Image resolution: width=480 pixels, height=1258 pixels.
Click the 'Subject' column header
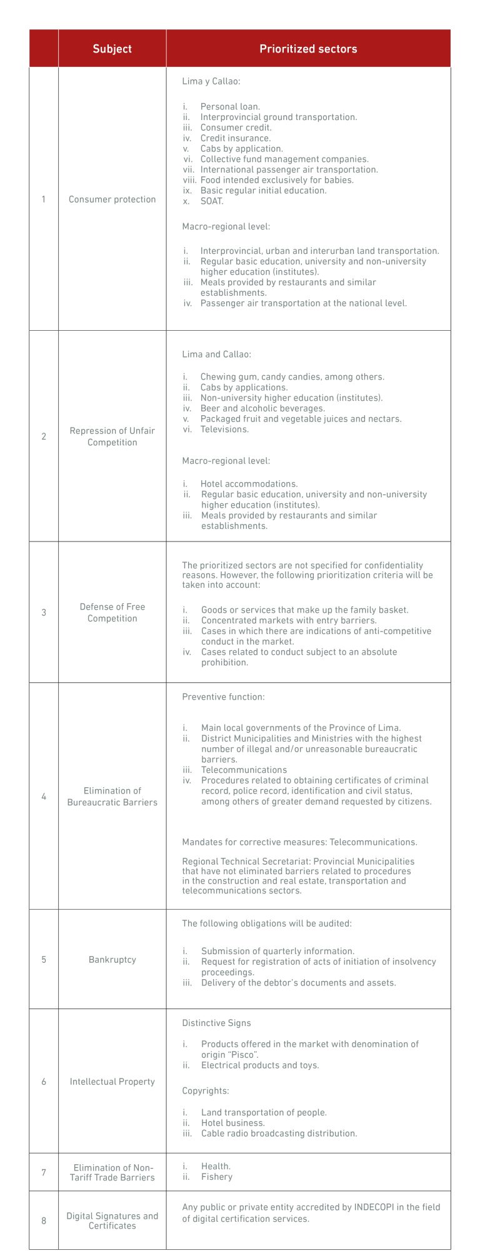click(x=112, y=49)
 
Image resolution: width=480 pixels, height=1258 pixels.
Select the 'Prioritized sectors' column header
click(x=308, y=49)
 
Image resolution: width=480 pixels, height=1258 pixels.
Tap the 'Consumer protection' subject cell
click(x=112, y=199)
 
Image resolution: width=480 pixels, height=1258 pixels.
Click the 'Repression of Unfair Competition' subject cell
click(x=112, y=436)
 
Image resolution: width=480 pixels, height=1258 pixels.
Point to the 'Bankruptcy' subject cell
click(x=112, y=960)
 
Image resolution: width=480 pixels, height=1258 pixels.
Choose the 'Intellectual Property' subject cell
click(x=112, y=1082)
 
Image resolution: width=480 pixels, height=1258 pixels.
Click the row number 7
click(x=44, y=1172)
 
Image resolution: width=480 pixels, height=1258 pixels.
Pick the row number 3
click(x=44, y=613)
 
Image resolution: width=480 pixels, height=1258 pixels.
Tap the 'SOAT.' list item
click(x=212, y=201)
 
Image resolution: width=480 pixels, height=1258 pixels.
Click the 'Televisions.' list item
click(x=224, y=430)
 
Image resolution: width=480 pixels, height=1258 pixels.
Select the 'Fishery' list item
click(x=216, y=1177)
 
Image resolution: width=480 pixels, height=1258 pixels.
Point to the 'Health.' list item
click(x=216, y=1166)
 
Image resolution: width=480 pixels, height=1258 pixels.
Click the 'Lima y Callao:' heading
click(x=211, y=81)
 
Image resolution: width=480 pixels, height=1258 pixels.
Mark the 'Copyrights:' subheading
click(x=206, y=1091)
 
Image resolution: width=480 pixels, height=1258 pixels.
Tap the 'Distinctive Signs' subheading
click(x=216, y=1024)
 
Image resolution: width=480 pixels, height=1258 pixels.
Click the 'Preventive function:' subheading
click(x=223, y=697)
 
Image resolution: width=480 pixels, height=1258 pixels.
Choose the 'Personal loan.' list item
click(x=230, y=107)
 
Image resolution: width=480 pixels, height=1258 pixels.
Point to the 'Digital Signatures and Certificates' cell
click(x=112, y=1220)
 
